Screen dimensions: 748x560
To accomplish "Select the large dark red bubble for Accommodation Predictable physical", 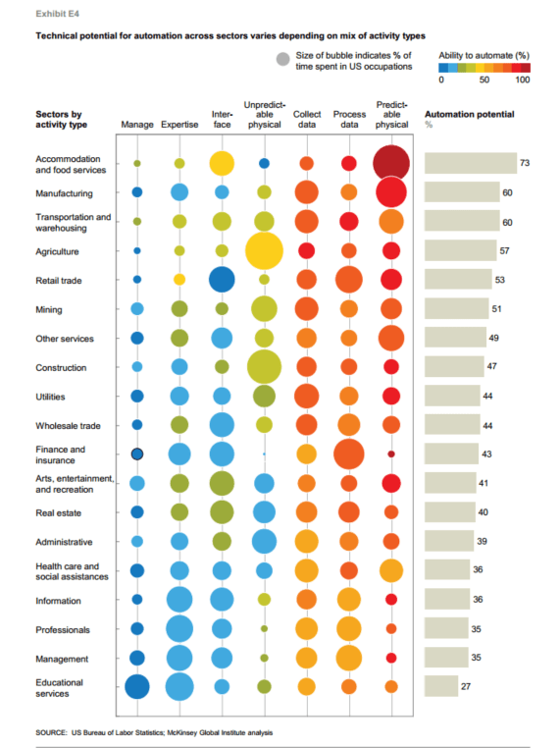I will point(391,162).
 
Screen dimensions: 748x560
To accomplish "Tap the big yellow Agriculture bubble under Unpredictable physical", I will point(264,251).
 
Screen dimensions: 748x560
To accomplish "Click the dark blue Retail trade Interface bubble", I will point(222,280).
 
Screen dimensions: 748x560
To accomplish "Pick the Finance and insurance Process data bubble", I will point(348,454).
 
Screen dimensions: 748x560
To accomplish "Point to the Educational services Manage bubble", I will point(137,686).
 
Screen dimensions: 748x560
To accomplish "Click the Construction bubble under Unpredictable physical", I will point(264,367).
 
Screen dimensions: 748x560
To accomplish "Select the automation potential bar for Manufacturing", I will point(461,193).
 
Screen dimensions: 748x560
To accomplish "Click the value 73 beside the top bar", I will point(525,163).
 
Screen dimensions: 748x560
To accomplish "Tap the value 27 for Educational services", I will point(467,687).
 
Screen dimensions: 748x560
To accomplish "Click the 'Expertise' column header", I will point(178,126).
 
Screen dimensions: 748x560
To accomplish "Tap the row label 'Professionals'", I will point(63,629).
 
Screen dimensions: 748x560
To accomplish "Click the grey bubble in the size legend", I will point(283,60).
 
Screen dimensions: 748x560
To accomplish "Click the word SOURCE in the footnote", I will point(51,731).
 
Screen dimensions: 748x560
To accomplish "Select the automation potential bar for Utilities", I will point(451,397).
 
